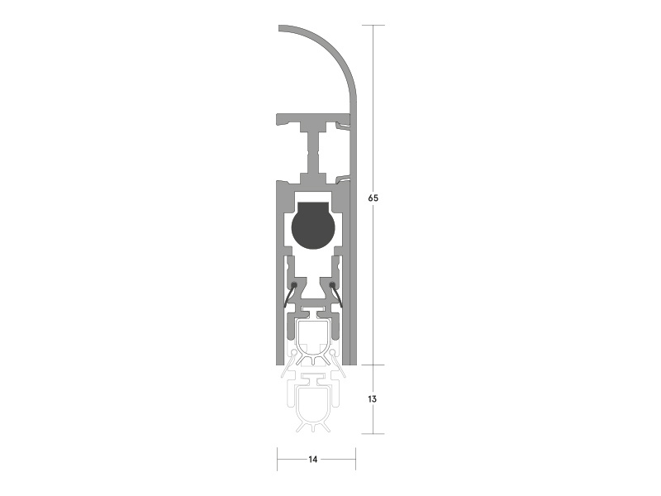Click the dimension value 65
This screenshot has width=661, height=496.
point(373,198)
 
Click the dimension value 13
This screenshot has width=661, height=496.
point(373,398)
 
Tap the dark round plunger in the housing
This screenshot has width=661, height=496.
point(311,225)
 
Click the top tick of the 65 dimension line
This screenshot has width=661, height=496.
point(373,26)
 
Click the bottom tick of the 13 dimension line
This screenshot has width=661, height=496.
point(373,433)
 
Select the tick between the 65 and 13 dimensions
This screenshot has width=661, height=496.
point(373,365)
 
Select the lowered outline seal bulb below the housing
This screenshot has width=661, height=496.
point(313,408)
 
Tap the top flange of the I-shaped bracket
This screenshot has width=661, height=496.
point(310,121)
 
